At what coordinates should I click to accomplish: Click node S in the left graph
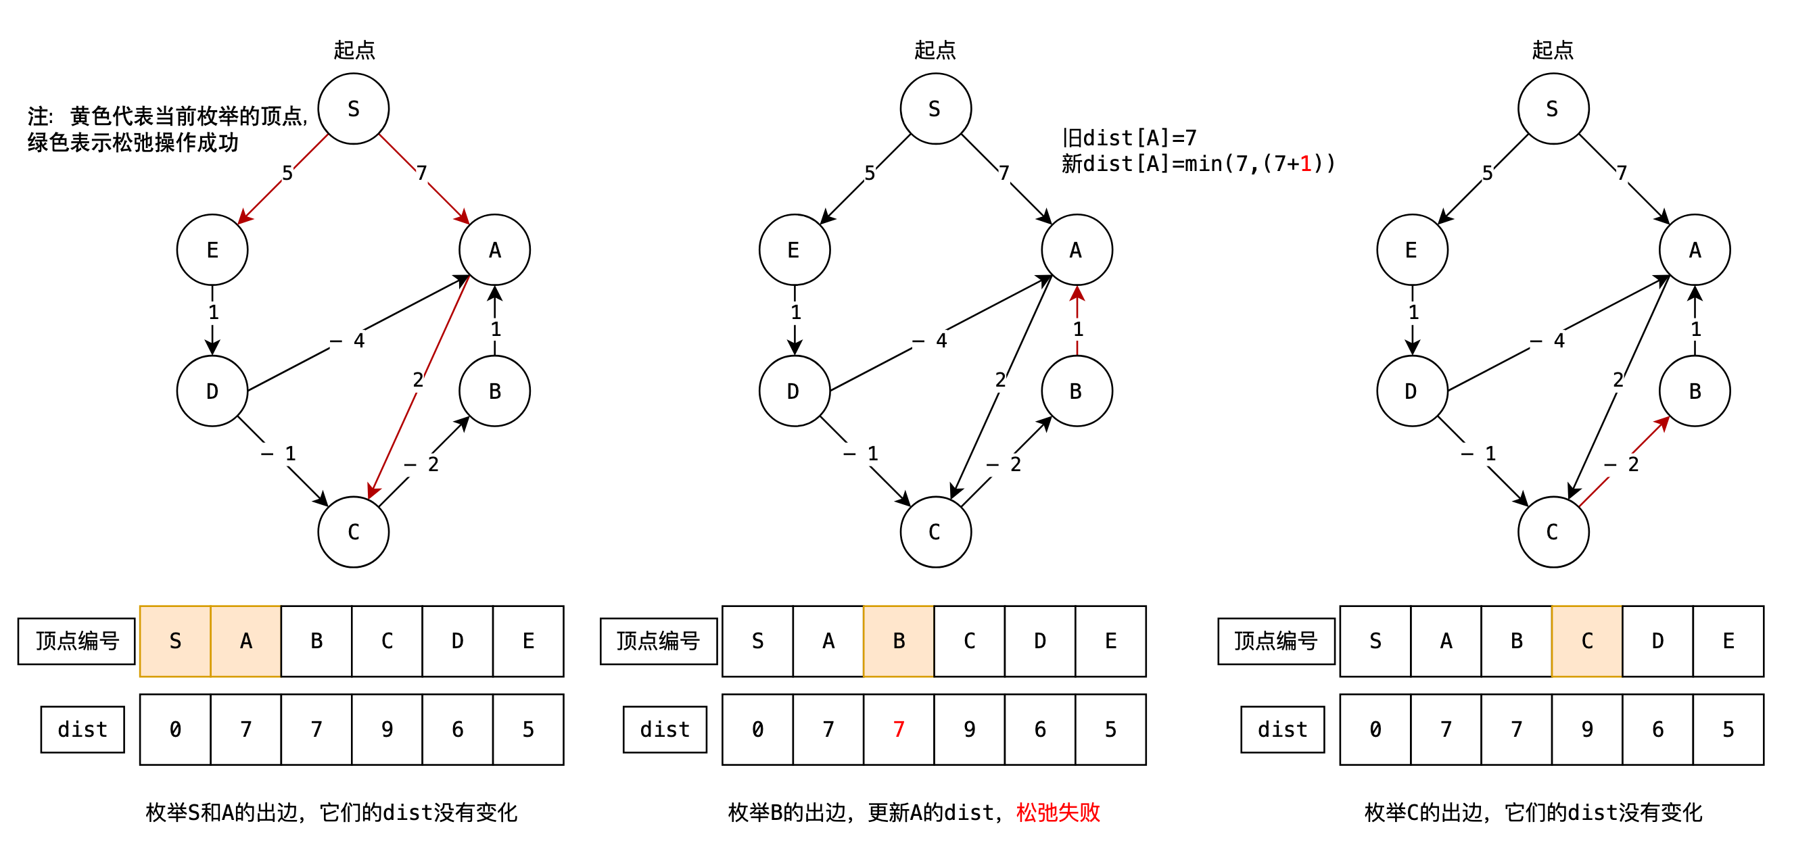click(x=353, y=110)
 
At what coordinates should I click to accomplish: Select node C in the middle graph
click(x=935, y=532)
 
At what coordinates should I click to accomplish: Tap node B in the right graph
click(x=1695, y=391)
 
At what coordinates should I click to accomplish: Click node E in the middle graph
click(x=794, y=250)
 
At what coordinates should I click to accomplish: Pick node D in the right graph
click(x=1411, y=391)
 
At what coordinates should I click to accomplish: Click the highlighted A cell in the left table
click(x=246, y=641)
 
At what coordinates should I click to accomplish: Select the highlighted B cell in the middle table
click(x=898, y=641)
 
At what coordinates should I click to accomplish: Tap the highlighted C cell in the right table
click(x=1586, y=641)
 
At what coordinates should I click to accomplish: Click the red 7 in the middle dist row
click(x=898, y=729)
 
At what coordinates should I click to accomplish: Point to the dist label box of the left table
click(x=82, y=729)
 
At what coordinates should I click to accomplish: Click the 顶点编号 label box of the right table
click(x=1276, y=641)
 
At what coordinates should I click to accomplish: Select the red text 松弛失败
click(x=1058, y=812)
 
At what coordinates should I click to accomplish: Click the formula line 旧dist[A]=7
click(x=1129, y=137)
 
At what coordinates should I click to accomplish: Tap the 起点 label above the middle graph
click(x=935, y=50)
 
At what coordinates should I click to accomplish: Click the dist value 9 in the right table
click(x=1586, y=729)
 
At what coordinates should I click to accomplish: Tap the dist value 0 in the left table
click(x=175, y=729)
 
